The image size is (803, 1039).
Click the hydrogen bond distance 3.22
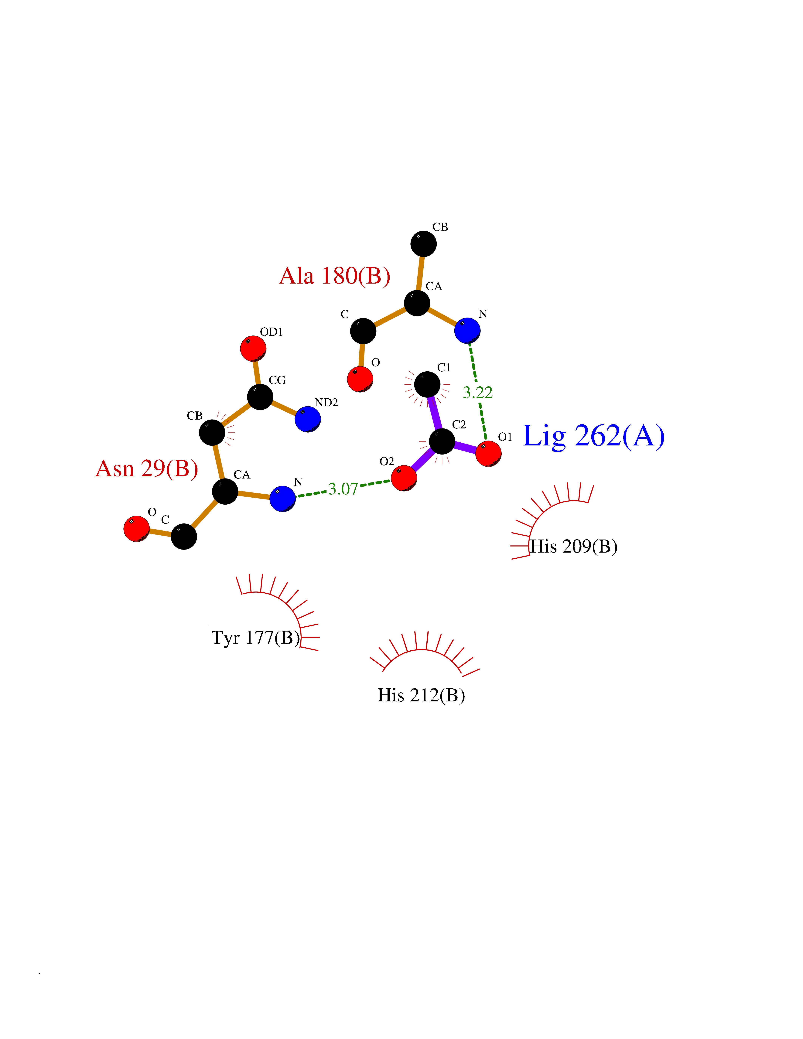(478, 393)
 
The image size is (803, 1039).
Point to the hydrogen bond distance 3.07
(343, 489)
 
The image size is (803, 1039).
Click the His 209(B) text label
(574, 547)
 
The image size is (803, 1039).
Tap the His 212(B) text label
(421, 696)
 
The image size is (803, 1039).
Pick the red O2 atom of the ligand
(404, 478)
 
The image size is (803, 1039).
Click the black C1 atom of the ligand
(427, 384)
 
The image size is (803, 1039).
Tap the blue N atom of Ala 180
(467, 331)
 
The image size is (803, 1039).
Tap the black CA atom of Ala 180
(417, 303)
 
